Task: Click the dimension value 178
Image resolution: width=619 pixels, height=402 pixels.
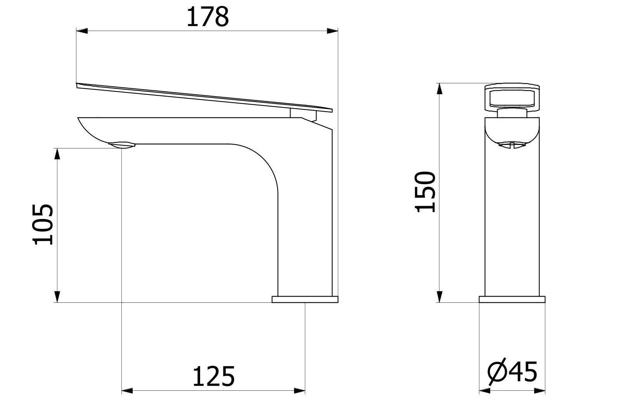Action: click(x=207, y=17)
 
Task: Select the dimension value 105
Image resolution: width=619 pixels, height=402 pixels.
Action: click(x=43, y=224)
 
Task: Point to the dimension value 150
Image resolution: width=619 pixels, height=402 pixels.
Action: click(x=425, y=192)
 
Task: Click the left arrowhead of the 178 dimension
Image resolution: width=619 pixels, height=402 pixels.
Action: click(x=81, y=31)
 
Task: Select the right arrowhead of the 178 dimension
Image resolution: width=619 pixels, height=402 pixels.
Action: click(x=333, y=31)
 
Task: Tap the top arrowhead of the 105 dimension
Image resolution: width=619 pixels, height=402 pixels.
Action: click(x=57, y=154)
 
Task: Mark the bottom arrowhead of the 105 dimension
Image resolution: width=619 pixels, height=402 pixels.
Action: click(x=57, y=297)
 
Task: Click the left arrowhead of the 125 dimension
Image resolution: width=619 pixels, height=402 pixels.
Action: click(x=128, y=390)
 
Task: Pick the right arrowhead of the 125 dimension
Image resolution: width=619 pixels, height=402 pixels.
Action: click(x=299, y=390)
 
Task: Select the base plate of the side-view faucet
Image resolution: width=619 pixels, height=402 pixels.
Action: click(x=305, y=299)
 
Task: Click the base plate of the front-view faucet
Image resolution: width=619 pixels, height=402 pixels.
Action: click(x=512, y=299)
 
